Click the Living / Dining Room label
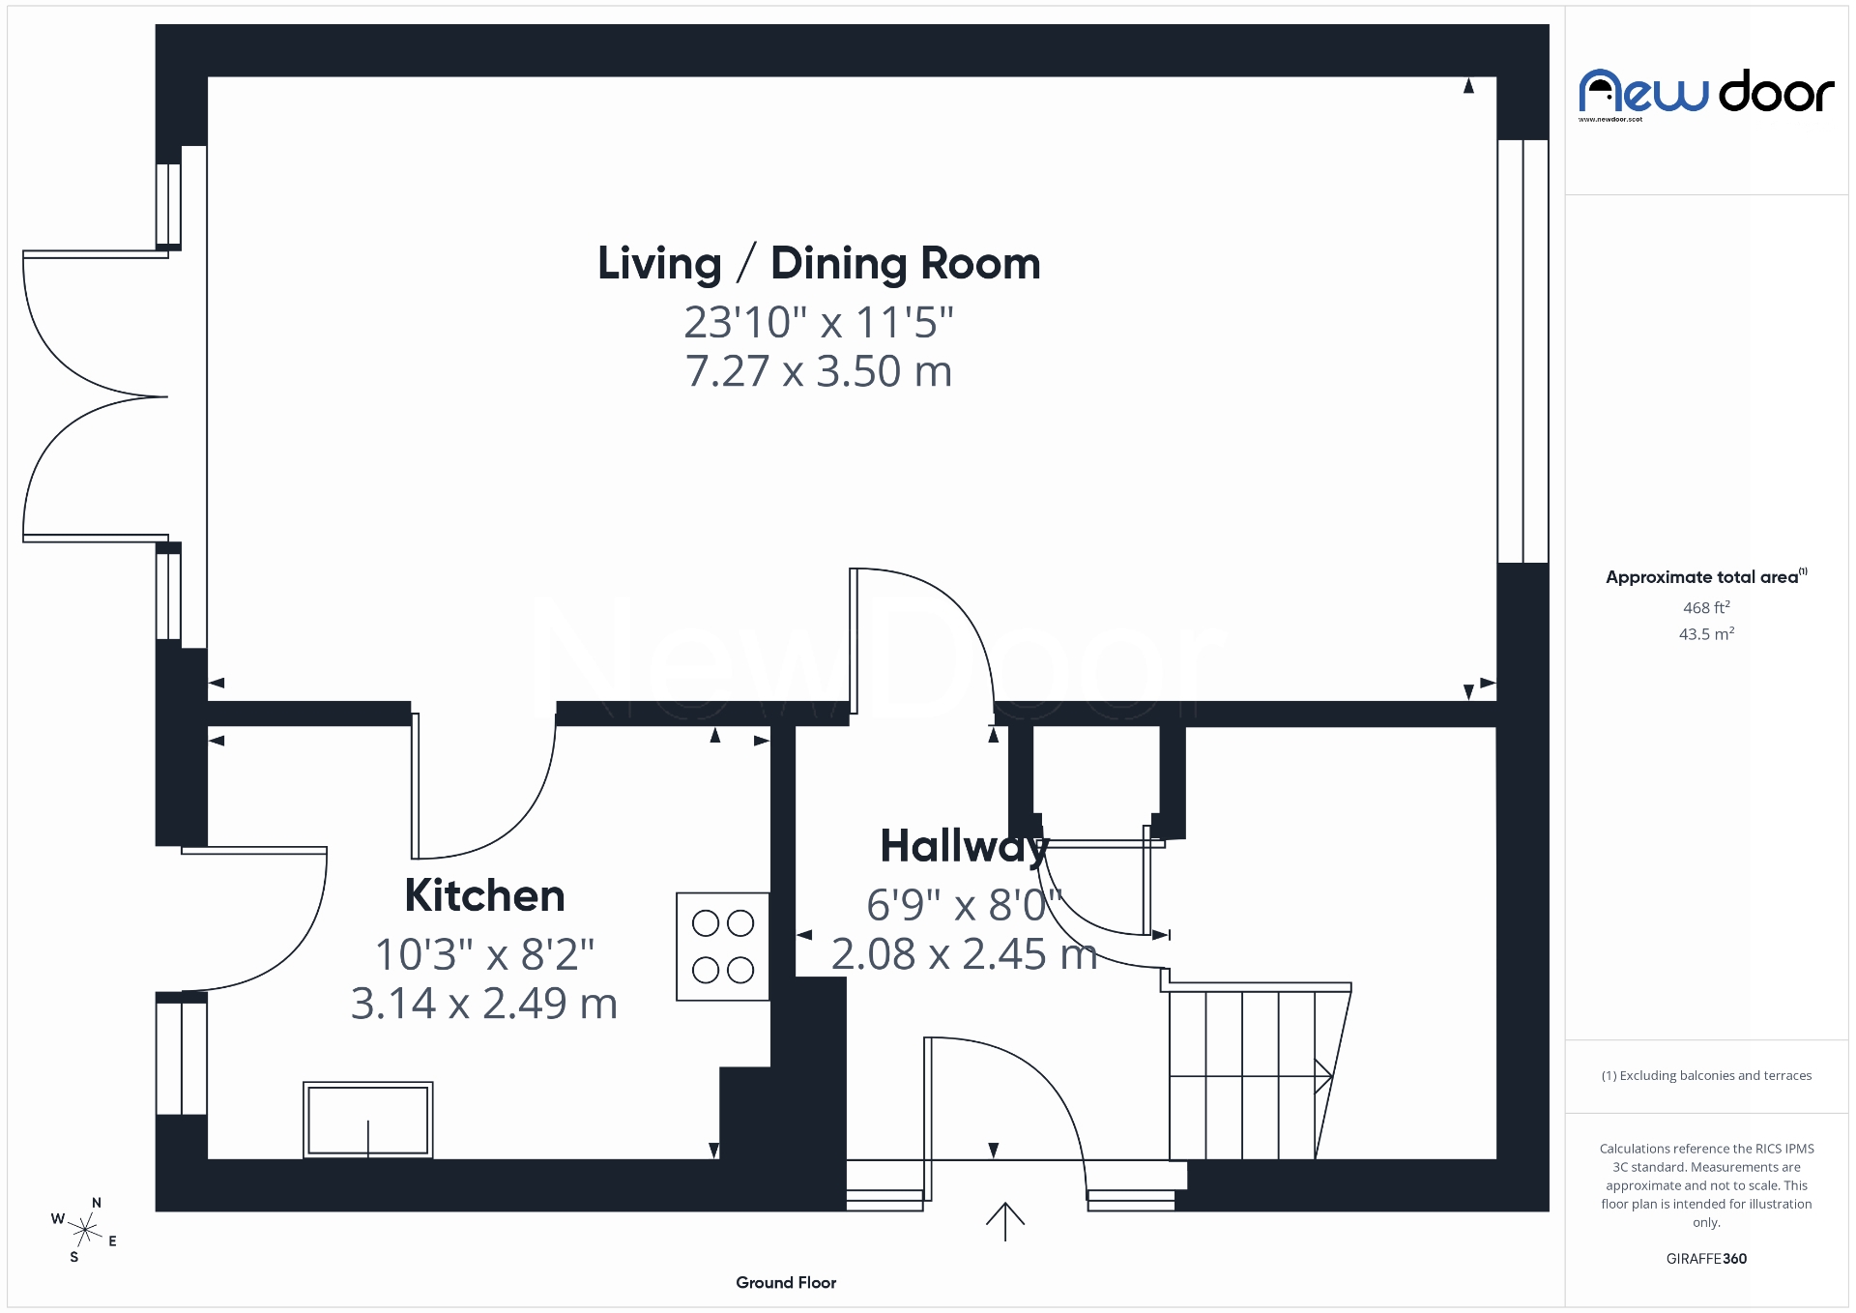tap(819, 264)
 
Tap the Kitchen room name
tap(484, 895)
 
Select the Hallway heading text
tap(964, 847)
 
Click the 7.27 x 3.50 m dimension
tap(819, 372)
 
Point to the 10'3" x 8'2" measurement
tap(484, 955)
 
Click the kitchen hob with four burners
tap(722, 947)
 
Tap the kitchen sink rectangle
tap(367, 1120)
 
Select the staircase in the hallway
tap(1253, 1073)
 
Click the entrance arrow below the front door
tap(1005, 1221)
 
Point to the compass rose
tap(85, 1230)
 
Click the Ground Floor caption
tap(786, 1283)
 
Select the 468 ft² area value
tap(1706, 608)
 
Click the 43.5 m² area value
tap(1706, 634)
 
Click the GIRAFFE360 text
tap(1706, 1259)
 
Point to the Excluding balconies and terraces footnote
tap(1706, 1076)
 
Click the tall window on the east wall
tap(1522, 351)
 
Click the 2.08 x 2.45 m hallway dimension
tap(964, 955)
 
